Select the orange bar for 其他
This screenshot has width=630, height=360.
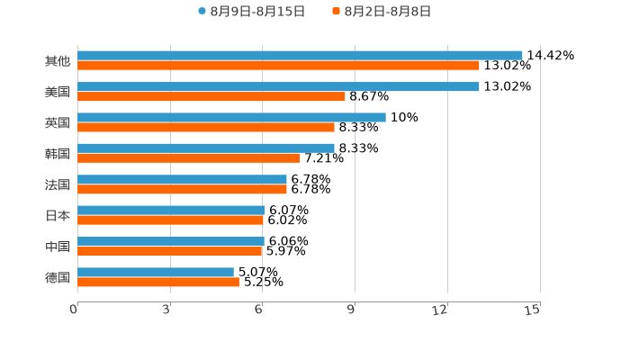(278, 66)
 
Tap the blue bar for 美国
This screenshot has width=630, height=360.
(278, 86)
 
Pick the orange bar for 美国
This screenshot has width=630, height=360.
(211, 96)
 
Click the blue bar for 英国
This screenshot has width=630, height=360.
(231, 117)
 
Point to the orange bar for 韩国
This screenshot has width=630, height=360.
(189, 158)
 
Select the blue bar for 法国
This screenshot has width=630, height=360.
(182, 179)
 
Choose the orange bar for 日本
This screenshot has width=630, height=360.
(170, 220)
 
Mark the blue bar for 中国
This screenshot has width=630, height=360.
(171, 241)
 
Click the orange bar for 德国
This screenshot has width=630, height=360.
(158, 283)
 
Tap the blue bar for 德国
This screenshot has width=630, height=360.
(156, 272)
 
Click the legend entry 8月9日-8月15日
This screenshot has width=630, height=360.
(251, 12)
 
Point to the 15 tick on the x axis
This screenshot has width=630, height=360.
(533, 310)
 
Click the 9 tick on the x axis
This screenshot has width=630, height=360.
(352, 310)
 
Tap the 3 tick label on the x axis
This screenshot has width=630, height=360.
(167, 310)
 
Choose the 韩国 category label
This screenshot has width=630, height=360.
(58, 153)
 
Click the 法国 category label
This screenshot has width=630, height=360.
(58, 184)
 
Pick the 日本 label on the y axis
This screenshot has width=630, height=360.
(58, 215)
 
